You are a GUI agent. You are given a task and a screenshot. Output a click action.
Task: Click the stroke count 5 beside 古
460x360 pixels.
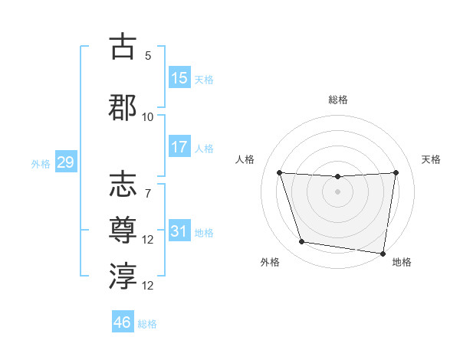coord(148,56)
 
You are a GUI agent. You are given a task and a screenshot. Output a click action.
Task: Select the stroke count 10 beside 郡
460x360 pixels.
coord(148,116)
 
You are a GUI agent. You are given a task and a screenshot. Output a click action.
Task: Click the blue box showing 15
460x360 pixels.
coord(179,78)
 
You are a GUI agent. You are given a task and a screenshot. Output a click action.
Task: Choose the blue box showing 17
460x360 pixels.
coord(179,147)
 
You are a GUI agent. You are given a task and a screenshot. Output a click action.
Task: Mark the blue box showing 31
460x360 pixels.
coord(179,231)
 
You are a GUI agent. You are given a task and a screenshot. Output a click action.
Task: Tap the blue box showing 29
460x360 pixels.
coord(65,162)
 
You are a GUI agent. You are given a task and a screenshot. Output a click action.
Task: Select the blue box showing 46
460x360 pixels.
coord(123,322)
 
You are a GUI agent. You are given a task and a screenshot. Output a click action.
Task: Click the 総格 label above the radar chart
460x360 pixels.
coord(337,100)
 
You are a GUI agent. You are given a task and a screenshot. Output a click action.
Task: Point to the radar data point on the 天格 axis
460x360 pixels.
coord(396,172)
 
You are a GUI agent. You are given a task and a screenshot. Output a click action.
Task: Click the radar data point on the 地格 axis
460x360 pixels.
coord(383,253)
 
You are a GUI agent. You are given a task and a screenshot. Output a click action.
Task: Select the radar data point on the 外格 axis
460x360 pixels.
coord(302,242)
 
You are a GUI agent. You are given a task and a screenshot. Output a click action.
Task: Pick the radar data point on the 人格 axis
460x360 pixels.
coord(279,172)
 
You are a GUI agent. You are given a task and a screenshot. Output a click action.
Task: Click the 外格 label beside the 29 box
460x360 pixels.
coord(41,163)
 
